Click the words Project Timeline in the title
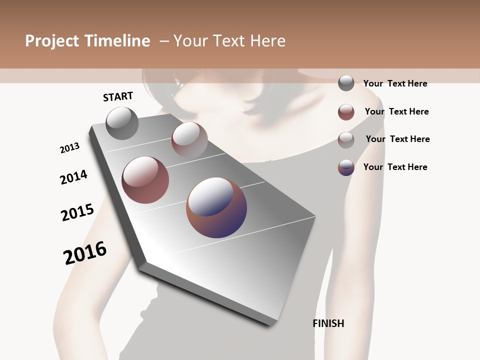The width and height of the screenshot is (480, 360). pos(87,41)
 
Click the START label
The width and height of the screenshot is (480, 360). pos(118,96)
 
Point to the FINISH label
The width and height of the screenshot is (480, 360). pos(328,323)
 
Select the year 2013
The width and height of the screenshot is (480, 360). pos(70,148)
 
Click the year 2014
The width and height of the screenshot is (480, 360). pos(74,177)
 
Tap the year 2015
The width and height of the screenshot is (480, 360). pos(77,212)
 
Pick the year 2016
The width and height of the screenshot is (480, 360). pos(85,253)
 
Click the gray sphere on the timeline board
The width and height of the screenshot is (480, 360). pos(122,123)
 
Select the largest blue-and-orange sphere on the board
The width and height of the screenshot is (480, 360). pos(216,207)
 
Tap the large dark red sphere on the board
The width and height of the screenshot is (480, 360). pos(145,180)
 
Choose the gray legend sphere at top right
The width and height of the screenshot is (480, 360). pos(346,83)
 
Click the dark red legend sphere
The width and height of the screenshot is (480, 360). pos(346,112)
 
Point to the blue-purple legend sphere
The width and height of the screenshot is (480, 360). pos(346,167)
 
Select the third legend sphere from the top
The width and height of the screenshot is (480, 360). pos(346,140)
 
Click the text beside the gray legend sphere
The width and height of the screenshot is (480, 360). pos(395,84)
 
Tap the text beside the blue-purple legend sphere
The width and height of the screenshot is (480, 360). pos(395,167)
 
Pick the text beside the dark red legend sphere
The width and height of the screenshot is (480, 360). pos(397,111)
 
